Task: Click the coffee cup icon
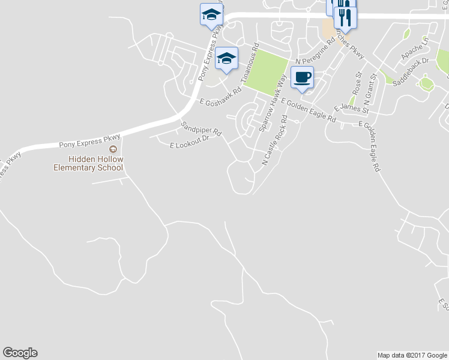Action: coord(302,77)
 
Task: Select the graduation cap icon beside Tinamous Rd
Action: coord(226,58)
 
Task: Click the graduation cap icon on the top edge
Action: coord(211,14)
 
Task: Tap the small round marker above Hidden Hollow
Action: coord(112,149)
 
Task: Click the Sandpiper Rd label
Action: coord(202,128)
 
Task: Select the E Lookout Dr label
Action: coord(189,142)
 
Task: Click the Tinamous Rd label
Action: coord(249,64)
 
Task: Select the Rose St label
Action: coord(357,83)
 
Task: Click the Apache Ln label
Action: coord(415,50)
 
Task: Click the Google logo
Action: coord(20,353)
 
